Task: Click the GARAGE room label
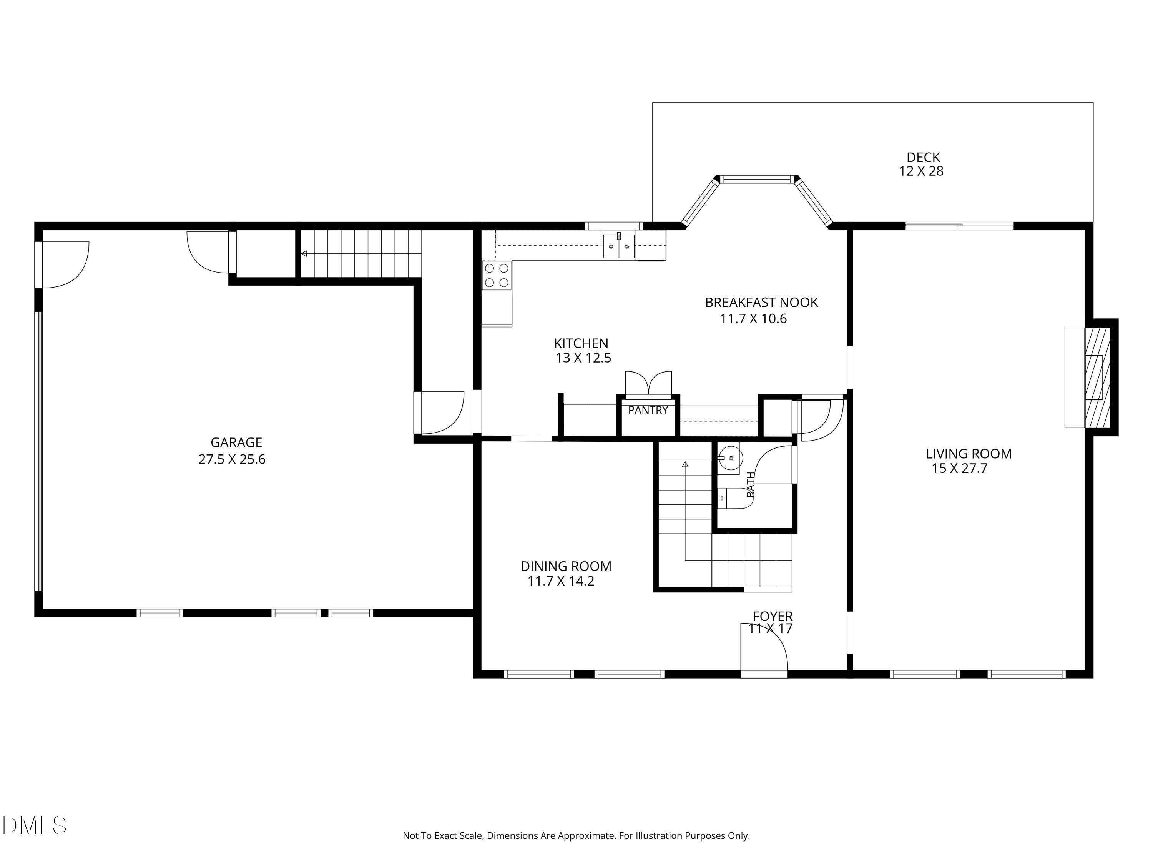236,442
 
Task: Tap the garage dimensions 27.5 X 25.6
232,459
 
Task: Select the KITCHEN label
581,344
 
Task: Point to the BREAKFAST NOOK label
761,303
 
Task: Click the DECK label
923,158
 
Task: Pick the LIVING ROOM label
969,454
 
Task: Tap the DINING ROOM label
566,566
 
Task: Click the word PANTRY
648,410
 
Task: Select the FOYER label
773,617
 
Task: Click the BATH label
751,484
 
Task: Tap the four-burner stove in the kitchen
497,276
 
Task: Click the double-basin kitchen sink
619,246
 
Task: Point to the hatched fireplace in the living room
1097,378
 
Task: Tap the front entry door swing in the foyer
764,647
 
